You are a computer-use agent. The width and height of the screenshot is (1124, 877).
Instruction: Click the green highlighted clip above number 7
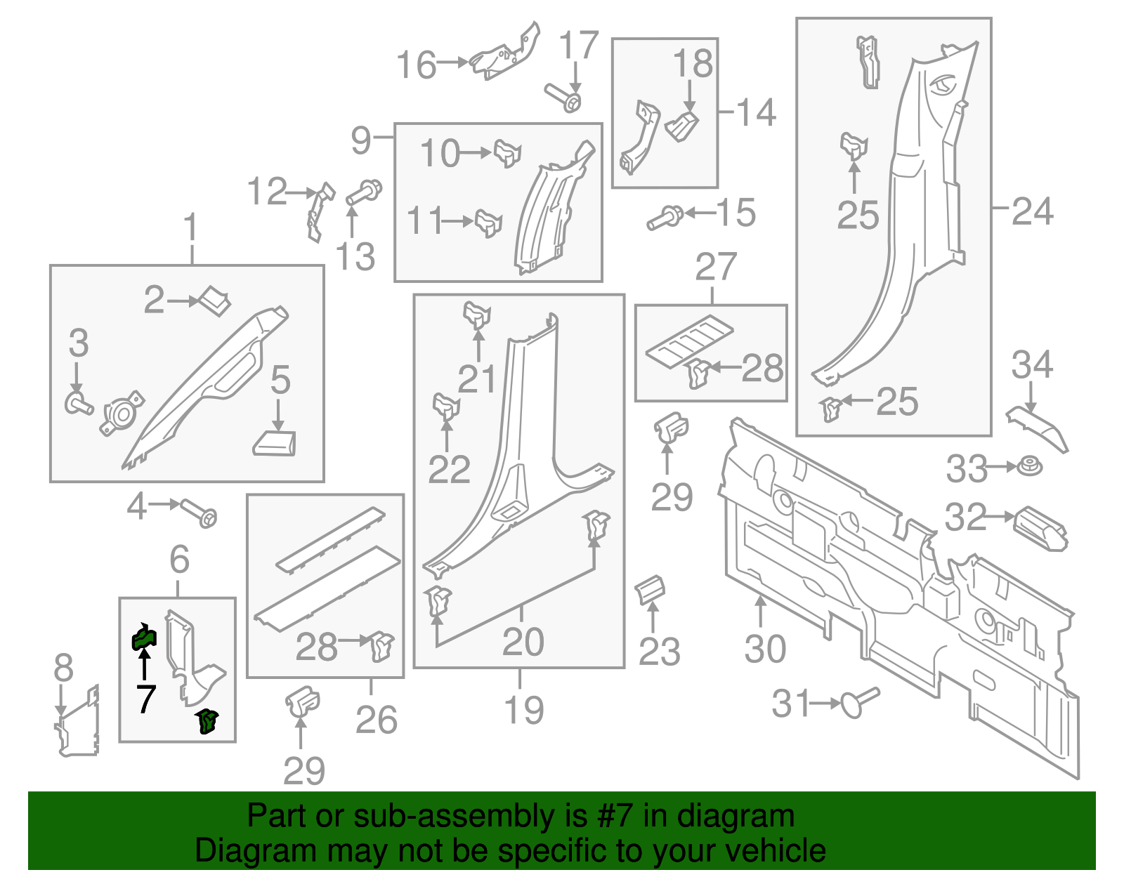pos(144,638)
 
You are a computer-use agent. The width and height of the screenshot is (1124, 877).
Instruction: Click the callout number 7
pos(145,699)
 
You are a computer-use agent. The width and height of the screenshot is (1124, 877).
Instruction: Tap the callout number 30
pos(765,649)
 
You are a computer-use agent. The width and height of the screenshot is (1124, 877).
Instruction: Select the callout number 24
pos(1032,211)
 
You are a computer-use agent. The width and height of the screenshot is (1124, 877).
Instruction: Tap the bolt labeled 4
pos(200,513)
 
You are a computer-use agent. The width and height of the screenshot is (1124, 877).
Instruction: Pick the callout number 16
pos(416,65)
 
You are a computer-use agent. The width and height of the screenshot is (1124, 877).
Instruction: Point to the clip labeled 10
pos(507,152)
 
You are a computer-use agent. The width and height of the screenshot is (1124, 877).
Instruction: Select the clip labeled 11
pos(489,223)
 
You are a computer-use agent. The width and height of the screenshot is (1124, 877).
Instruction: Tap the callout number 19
pos(524,710)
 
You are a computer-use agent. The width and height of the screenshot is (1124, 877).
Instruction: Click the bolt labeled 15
pos(665,218)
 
